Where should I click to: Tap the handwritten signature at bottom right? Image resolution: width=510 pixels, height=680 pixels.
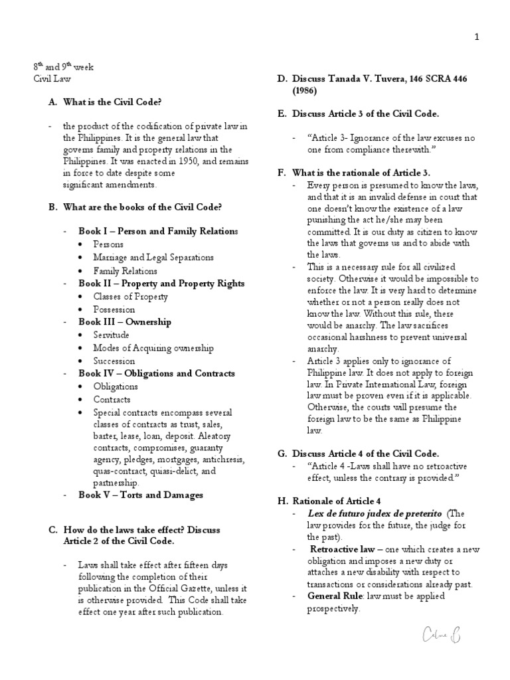[x=438, y=637]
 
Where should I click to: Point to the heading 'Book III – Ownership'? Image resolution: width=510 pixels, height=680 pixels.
[x=125, y=322]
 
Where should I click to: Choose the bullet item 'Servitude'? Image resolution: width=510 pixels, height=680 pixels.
[x=111, y=335]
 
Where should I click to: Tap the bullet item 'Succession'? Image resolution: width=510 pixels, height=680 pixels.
[x=114, y=361]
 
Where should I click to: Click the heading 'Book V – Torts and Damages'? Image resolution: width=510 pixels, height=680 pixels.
[x=140, y=495]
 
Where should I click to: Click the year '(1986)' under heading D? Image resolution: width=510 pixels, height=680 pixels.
[x=305, y=90]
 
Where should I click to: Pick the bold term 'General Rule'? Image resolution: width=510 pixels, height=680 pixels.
[x=336, y=596]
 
